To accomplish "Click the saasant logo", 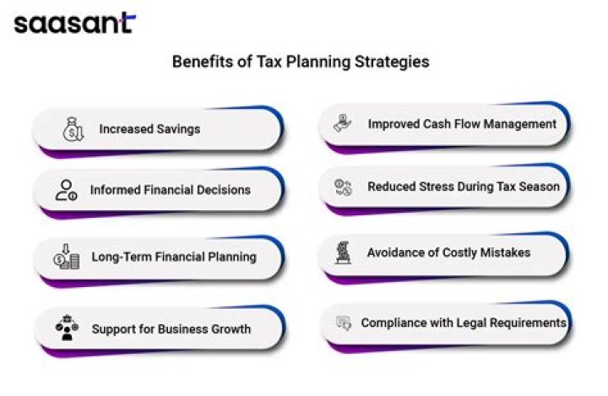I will click(73, 23).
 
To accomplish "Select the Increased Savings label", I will click(149, 129).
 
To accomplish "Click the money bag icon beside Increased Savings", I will click(73, 129).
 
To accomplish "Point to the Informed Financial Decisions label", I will click(171, 190).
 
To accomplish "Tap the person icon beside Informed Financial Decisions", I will click(67, 190).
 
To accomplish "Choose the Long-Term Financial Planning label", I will click(173, 256).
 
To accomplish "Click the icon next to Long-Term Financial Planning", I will click(66, 256).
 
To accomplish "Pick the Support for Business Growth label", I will click(171, 328).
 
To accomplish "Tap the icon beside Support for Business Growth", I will click(66, 328).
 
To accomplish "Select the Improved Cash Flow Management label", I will click(462, 124).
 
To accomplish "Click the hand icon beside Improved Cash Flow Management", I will click(343, 123).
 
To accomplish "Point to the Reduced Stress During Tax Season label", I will click(463, 187).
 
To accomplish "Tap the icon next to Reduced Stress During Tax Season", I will click(343, 187).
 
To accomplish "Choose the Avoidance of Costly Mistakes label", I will click(448, 252).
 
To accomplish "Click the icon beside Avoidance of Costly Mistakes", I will click(344, 252).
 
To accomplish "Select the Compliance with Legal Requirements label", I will click(463, 323).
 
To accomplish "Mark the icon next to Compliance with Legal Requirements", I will click(344, 323).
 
